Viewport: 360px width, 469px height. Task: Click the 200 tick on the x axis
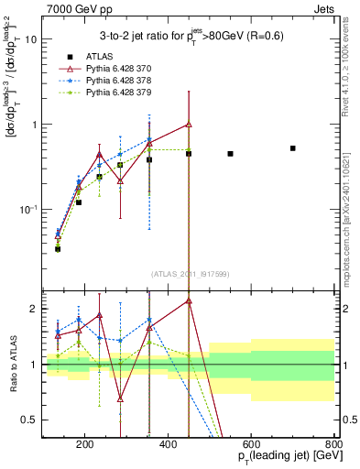point(84,446)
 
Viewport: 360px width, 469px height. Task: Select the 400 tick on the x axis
point(168,446)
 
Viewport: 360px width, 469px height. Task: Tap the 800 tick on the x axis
point(334,446)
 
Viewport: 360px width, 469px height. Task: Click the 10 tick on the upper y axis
point(32,39)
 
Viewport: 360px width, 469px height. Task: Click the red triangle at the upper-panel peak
point(189,125)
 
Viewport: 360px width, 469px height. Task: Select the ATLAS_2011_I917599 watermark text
point(189,274)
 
